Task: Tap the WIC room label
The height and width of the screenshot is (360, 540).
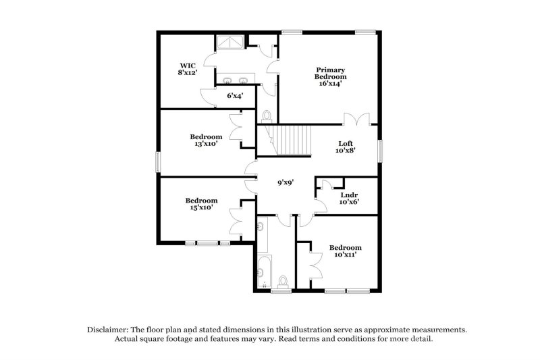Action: click(x=188, y=69)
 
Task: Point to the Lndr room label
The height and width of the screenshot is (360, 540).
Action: click(x=348, y=197)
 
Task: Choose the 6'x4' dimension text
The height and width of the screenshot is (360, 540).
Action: click(x=234, y=95)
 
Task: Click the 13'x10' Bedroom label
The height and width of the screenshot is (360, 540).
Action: click(x=206, y=140)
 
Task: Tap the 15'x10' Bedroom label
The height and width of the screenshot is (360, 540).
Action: click(x=201, y=204)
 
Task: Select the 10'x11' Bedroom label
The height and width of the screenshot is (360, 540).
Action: click(x=345, y=251)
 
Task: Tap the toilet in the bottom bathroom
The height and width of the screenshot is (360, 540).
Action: click(x=284, y=280)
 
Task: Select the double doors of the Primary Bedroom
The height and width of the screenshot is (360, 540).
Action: click(x=356, y=119)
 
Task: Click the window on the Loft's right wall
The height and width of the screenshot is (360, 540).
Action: click(x=380, y=150)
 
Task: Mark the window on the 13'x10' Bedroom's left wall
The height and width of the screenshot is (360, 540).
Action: click(x=159, y=162)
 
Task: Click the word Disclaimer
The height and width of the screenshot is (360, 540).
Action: click(x=110, y=329)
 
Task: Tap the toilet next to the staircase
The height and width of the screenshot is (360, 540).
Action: click(x=265, y=115)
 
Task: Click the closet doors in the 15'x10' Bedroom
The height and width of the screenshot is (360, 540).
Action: click(x=237, y=220)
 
